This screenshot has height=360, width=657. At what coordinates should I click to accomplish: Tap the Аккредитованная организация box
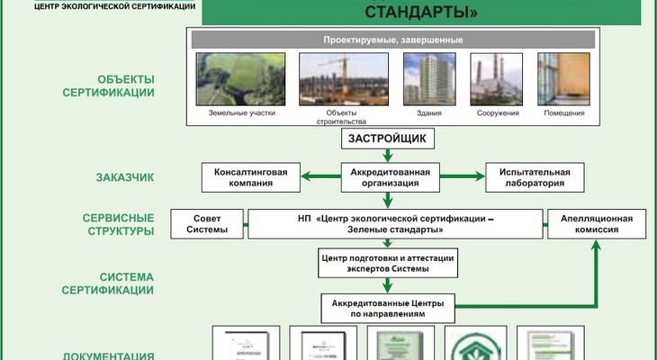click(x=389, y=176)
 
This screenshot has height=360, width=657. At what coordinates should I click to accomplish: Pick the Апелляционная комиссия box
click(x=596, y=224)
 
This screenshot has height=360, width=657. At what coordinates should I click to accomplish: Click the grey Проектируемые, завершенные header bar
click(x=392, y=40)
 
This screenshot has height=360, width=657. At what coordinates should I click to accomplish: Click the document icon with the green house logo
click(x=478, y=343)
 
